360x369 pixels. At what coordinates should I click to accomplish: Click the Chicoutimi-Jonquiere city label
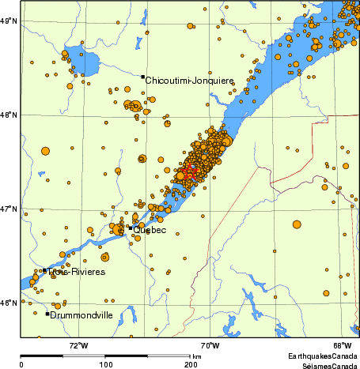pos(190,81)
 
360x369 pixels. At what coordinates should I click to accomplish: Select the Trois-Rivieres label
pos(75,272)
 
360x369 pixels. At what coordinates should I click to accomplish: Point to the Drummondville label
pos(82,315)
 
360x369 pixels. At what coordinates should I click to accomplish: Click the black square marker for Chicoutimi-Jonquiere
pos(143,77)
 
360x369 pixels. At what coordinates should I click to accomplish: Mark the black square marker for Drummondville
pos(47,314)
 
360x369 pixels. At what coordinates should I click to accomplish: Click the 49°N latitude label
pos(9,21)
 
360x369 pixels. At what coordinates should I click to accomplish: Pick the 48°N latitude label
pos(9,115)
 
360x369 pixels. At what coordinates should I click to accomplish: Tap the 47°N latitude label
pos(9,209)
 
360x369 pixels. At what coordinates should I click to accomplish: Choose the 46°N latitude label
pos(9,303)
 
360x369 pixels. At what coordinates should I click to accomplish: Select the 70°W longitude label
pos(210,345)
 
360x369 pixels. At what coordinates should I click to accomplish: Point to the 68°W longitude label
pos(342,345)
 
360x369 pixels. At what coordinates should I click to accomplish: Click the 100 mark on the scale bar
pos(105,365)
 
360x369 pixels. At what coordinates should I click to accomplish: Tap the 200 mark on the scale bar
pos(191,365)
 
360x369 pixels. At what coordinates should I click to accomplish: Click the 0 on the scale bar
pos(21,365)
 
